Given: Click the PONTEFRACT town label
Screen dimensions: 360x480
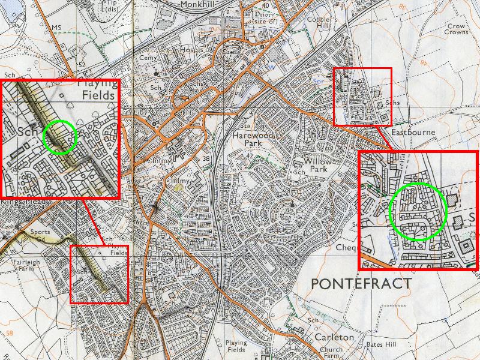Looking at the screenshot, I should point(361,283).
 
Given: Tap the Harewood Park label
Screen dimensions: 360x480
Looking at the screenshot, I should point(253,140).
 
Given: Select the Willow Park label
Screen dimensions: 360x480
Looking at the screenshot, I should point(317,165).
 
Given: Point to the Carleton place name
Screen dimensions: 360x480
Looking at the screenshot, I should point(334,337).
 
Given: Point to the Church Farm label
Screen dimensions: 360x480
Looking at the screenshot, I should point(331,352).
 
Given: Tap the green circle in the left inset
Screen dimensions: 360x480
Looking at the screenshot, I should point(61,137).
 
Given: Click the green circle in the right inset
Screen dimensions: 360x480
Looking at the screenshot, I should point(419,212).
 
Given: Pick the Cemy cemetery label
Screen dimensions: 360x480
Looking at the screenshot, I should point(148,58).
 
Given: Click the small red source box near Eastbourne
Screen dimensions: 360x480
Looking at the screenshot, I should point(362,96).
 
